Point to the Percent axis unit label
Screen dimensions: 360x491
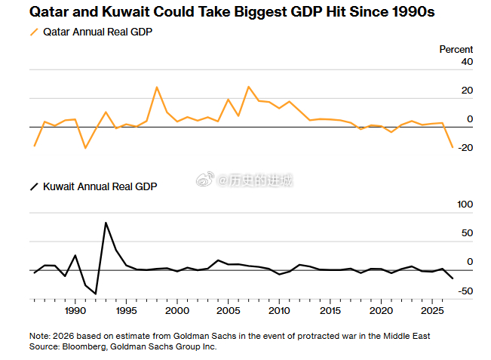456,49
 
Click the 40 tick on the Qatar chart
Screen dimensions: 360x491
467,62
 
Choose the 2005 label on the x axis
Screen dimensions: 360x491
228,310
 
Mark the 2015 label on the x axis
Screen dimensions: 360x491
330,310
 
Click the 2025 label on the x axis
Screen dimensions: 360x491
432,310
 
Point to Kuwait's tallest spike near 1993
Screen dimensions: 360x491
106,223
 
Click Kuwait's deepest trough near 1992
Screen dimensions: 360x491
96,293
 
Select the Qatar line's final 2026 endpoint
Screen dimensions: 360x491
453,147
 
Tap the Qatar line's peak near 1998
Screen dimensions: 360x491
157,88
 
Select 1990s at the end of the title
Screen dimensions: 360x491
413,12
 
